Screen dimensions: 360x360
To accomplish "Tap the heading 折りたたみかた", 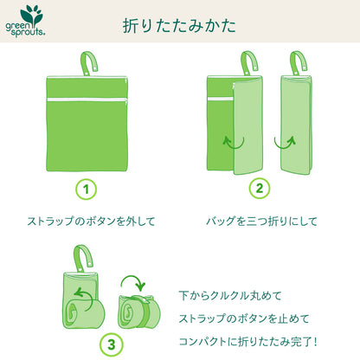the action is tap(179, 25).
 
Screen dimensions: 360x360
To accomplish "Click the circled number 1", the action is tap(86, 190).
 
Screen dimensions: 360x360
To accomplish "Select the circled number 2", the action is tap(260, 189).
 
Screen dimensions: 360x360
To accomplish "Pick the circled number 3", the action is tap(111, 344).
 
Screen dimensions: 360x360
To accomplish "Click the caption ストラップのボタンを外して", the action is tap(91, 222).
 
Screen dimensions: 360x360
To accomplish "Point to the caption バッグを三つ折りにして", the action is tap(261, 222).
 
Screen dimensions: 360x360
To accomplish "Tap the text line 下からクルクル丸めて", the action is tap(230, 296).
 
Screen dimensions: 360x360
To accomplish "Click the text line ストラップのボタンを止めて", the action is tap(244, 318).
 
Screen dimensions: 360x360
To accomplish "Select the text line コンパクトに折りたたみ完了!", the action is tap(248, 342).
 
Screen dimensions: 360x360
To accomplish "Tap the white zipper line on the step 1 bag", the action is tap(87, 100).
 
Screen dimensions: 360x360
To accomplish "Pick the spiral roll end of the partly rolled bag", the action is tap(72, 313).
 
